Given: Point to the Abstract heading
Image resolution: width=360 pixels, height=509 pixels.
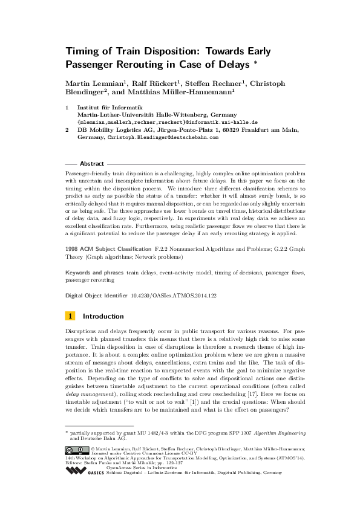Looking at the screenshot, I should tap(92, 163).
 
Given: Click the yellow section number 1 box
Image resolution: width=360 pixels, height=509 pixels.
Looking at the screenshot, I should tap(70, 316).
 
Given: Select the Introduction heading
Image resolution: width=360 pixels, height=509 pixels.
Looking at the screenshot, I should tap(103, 316).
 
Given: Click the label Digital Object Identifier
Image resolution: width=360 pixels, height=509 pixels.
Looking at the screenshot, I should tap(96, 295).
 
